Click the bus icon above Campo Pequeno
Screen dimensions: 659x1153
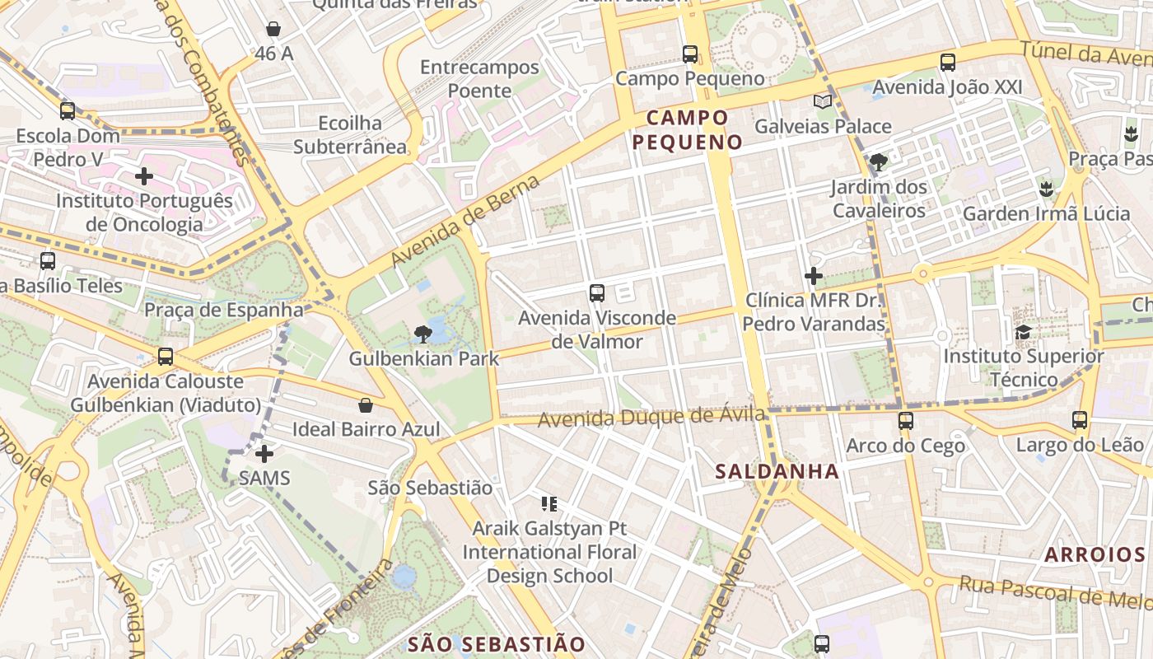tap(690, 54)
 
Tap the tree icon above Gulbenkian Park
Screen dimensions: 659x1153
tap(423, 334)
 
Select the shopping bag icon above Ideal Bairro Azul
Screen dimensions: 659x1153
tap(366, 405)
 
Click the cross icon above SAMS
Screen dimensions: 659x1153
tap(264, 453)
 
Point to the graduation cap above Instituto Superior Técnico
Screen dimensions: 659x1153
tap(1023, 332)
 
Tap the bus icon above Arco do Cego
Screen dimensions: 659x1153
tap(906, 421)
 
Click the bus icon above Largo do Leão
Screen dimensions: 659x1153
tap(1080, 420)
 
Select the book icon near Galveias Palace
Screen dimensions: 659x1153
tap(822, 101)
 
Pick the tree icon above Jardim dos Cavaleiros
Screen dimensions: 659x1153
tap(879, 162)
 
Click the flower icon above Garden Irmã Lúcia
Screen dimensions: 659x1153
tap(1047, 189)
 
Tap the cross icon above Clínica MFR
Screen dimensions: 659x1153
tap(814, 275)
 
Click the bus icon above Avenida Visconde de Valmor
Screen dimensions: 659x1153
tap(597, 292)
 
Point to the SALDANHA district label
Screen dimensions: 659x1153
tap(777, 472)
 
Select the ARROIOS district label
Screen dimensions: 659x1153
tap(1095, 554)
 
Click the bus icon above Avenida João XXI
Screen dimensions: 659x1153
tap(948, 62)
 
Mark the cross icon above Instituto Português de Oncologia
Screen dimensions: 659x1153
tap(144, 176)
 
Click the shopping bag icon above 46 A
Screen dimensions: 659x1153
tap(273, 30)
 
